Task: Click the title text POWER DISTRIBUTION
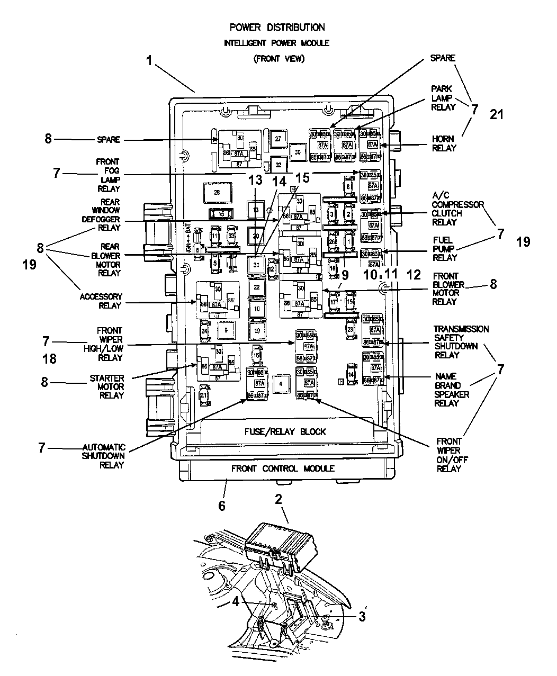277,27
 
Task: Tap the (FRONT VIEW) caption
278,59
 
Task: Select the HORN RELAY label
443,143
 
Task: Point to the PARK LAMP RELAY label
443,98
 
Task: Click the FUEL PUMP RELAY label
445,249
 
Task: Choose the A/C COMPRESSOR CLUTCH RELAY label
450,213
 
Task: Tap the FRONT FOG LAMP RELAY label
108,175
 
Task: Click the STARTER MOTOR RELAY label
107,386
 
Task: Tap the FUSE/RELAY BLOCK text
285,431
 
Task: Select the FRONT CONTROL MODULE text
283,468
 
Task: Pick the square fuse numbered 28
216,193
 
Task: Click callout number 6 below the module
222,506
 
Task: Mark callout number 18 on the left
49,359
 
